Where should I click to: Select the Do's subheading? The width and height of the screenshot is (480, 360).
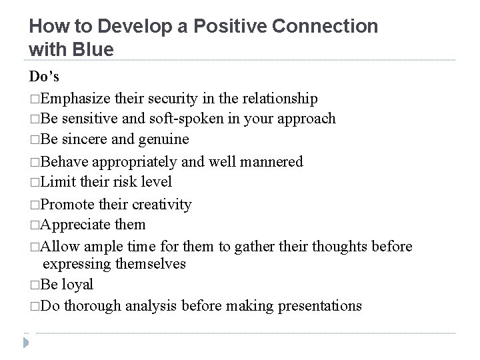(43, 78)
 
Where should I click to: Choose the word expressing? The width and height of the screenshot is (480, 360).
(77, 263)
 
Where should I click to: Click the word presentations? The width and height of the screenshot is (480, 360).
(316, 306)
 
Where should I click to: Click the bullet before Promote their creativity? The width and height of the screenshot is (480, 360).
(34, 203)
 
